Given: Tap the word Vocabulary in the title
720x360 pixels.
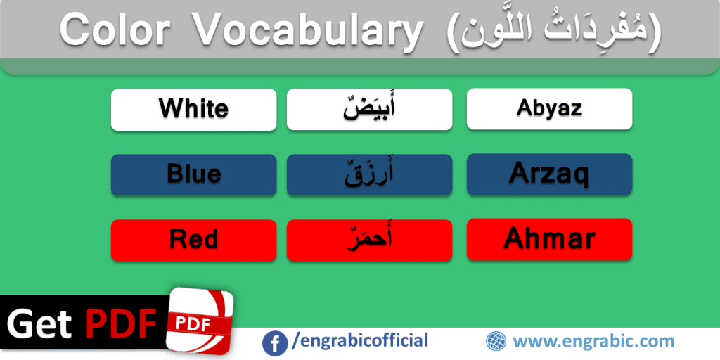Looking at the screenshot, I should coord(307,30).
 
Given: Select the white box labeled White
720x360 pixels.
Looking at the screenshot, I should coord(193,109).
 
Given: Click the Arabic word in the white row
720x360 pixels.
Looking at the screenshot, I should coord(369,109).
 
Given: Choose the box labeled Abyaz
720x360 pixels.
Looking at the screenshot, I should coord(549,108).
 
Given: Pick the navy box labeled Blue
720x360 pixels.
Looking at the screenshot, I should coord(193,174).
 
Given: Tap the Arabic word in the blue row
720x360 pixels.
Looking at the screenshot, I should coord(369,174).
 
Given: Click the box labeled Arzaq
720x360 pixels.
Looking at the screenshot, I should coord(549,174).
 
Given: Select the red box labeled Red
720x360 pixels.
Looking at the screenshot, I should coord(193,240).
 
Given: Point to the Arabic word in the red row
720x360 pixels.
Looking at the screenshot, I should coord(369,240).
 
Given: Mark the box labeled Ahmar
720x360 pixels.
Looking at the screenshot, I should coord(549,239).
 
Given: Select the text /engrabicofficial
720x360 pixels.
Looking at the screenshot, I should coord(360,341).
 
